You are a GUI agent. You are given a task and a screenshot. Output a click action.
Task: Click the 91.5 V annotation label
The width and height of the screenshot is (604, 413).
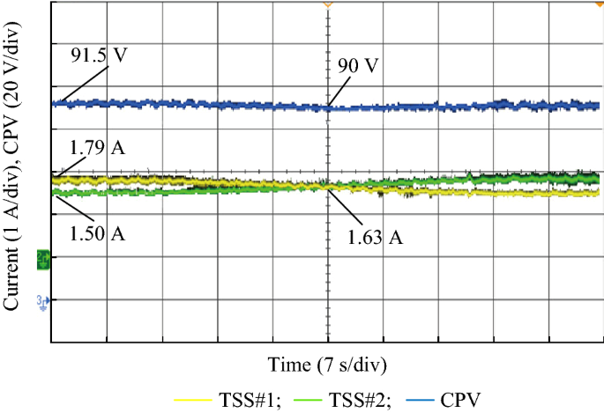coord(98,55)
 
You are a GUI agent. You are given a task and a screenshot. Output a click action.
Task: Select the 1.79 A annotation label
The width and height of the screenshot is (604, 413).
coord(96,146)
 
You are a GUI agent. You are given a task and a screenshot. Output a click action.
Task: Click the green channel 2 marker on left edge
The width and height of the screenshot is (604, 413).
coord(41,259)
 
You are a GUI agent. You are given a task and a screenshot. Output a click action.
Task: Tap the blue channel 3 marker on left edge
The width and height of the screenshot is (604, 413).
coord(41,301)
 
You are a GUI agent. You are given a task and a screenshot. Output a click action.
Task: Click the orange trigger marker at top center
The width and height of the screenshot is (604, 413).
coord(328,5)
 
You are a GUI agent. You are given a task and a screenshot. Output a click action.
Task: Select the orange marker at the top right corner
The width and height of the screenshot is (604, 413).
coord(600,5)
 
